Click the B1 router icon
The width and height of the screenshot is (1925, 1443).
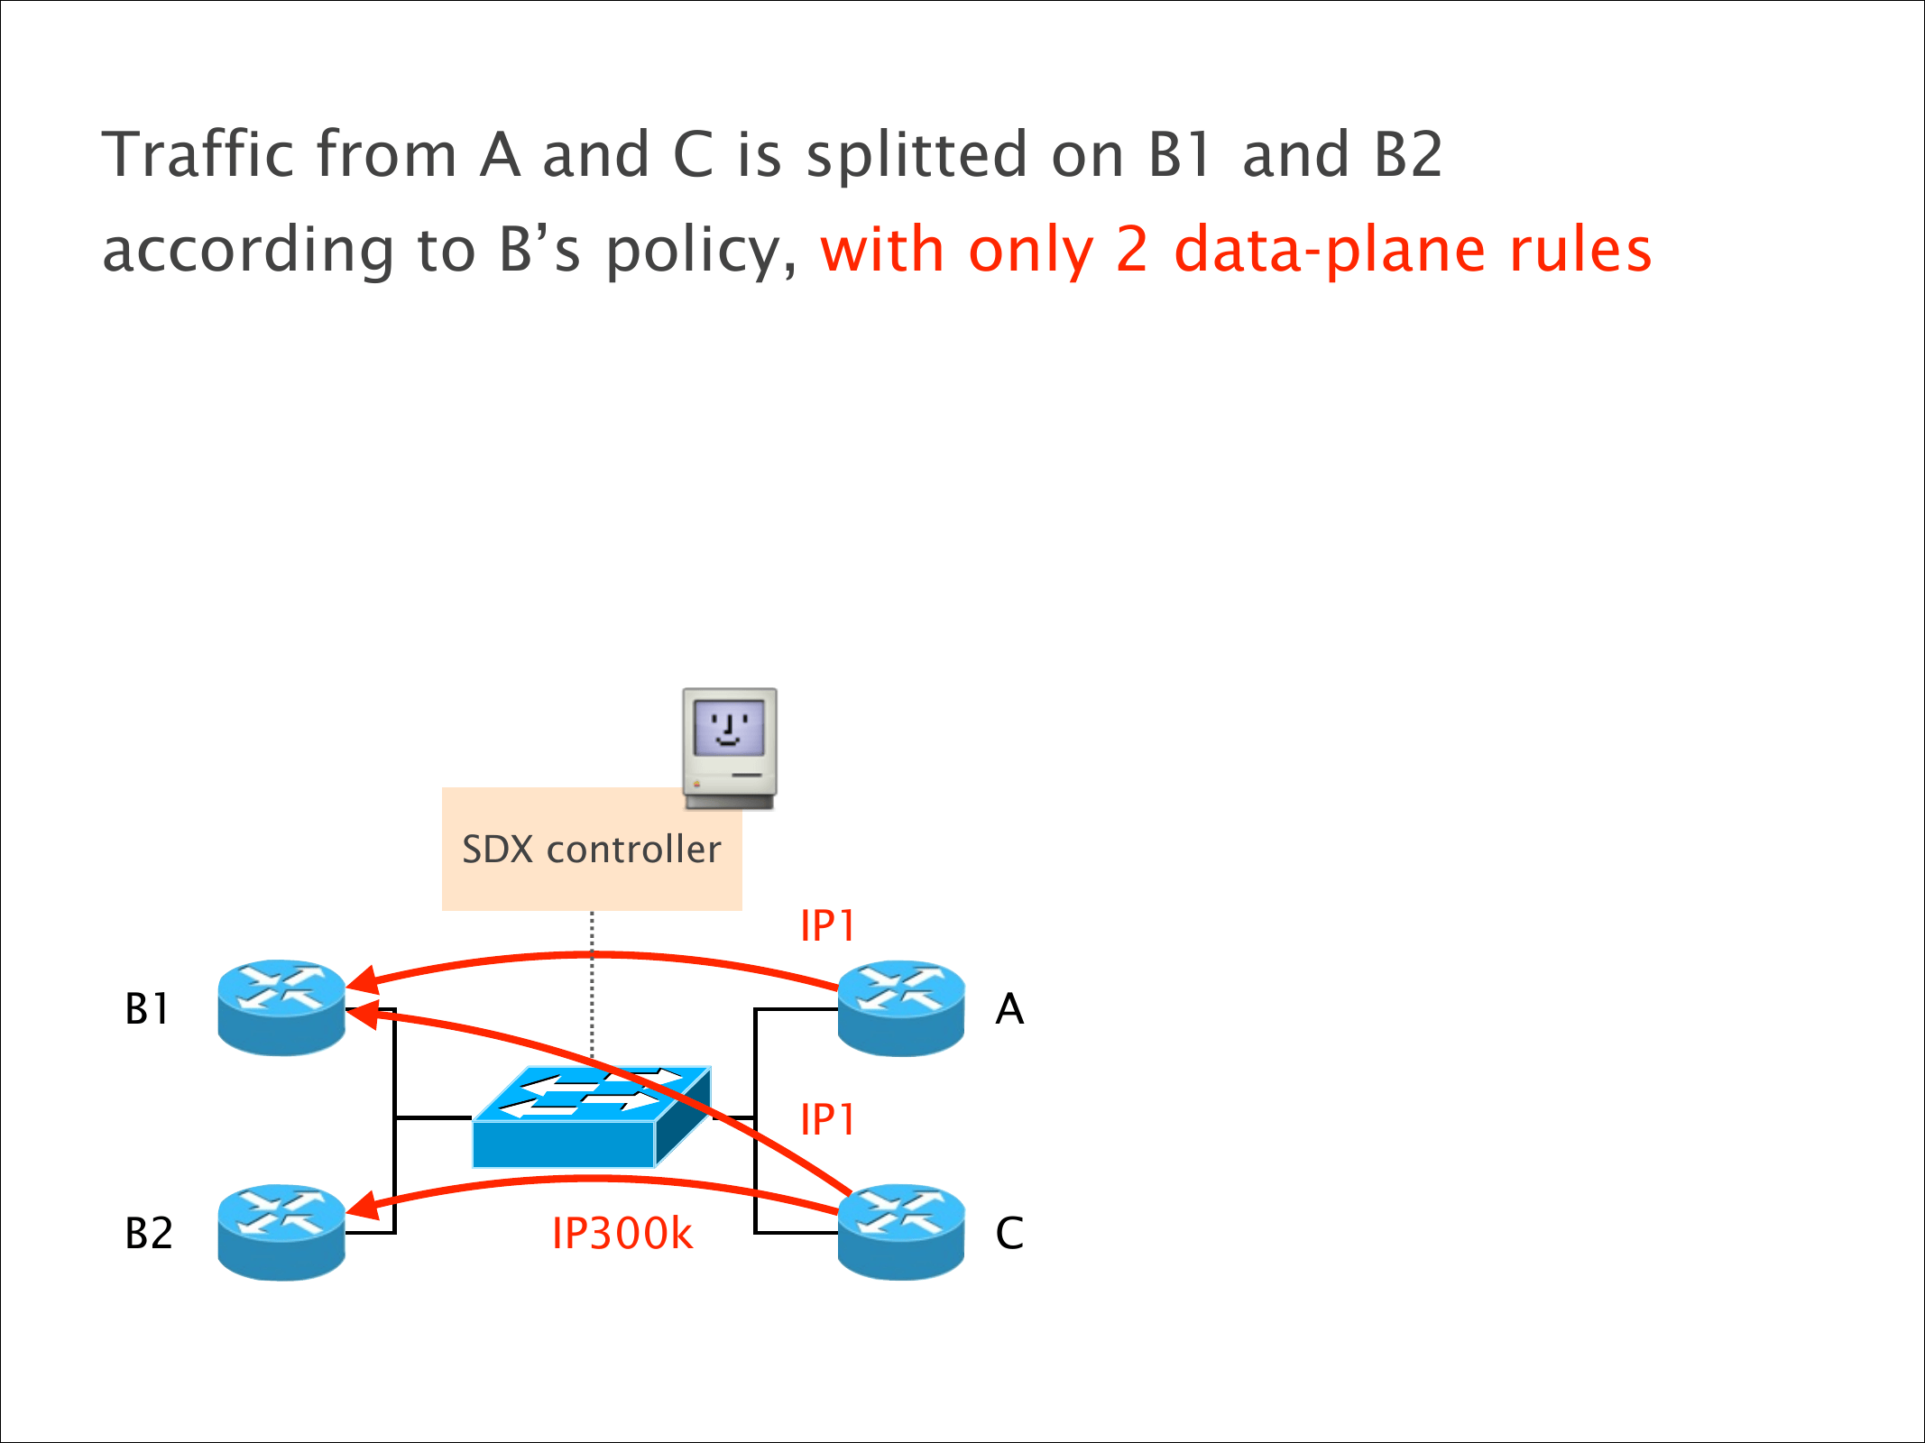pyautogui.click(x=281, y=1007)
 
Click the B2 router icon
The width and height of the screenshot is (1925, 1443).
pyautogui.click(x=281, y=1232)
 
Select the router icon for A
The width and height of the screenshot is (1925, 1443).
pyautogui.click(x=901, y=1007)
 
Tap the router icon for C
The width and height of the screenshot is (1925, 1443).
pyautogui.click(x=901, y=1232)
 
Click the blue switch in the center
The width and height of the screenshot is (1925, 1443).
pyautogui.click(x=591, y=1118)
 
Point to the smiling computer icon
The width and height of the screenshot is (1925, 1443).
pyautogui.click(x=730, y=748)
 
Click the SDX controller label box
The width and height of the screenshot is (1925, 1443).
pyautogui.click(x=591, y=850)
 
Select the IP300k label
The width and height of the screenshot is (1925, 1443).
pyautogui.click(x=622, y=1234)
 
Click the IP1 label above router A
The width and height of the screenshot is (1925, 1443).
pyautogui.click(x=827, y=926)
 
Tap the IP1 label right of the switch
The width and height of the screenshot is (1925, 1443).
pyautogui.click(x=827, y=1120)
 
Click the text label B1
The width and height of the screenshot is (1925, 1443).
pyautogui.click(x=147, y=1009)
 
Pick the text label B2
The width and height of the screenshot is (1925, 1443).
pyautogui.click(x=149, y=1234)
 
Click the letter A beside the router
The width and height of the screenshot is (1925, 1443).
pyautogui.click(x=1009, y=1009)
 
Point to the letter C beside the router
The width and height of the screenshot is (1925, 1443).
pyautogui.click(x=1009, y=1234)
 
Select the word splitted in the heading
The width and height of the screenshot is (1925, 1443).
pyautogui.click(x=916, y=156)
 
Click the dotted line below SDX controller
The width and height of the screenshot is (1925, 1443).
pyautogui.click(x=592, y=983)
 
